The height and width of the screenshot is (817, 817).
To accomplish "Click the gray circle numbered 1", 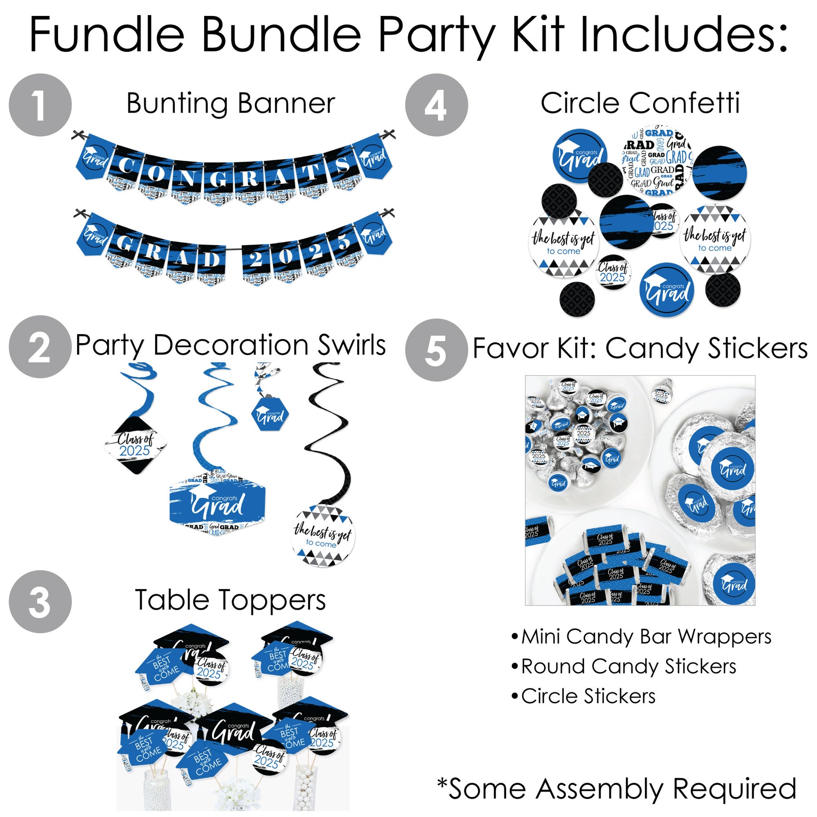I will click(40, 105).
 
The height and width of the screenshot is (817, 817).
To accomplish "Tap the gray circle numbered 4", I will click(436, 105).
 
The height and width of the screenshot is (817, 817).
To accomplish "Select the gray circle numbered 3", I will click(40, 601).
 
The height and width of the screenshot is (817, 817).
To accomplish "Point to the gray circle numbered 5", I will click(436, 350).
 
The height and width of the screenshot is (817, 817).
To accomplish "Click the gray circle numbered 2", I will click(40, 347).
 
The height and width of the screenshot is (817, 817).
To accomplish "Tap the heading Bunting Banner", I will click(231, 103).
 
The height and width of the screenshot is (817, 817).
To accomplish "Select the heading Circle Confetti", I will click(640, 103).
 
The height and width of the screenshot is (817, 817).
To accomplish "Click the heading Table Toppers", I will click(231, 600).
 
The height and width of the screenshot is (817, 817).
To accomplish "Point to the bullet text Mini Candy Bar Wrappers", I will click(646, 636).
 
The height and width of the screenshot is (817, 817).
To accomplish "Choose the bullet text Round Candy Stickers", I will click(628, 666).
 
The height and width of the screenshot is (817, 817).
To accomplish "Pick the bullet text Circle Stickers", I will click(588, 696).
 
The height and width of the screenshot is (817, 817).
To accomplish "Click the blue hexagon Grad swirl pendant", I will click(270, 414).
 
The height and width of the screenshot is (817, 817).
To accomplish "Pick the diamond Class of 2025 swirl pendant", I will click(135, 445).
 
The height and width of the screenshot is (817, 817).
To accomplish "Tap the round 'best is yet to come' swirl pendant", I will click(323, 536).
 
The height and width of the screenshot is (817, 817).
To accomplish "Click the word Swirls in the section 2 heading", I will click(351, 345).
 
